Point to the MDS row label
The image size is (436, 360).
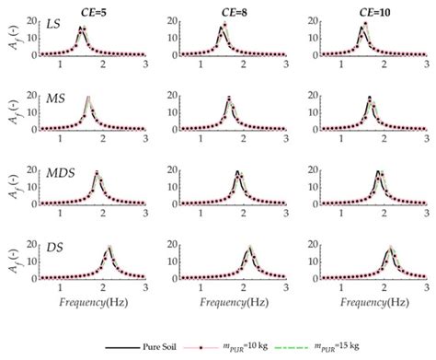(x=60, y=171)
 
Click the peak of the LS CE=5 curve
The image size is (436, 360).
(x=82, y=28)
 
